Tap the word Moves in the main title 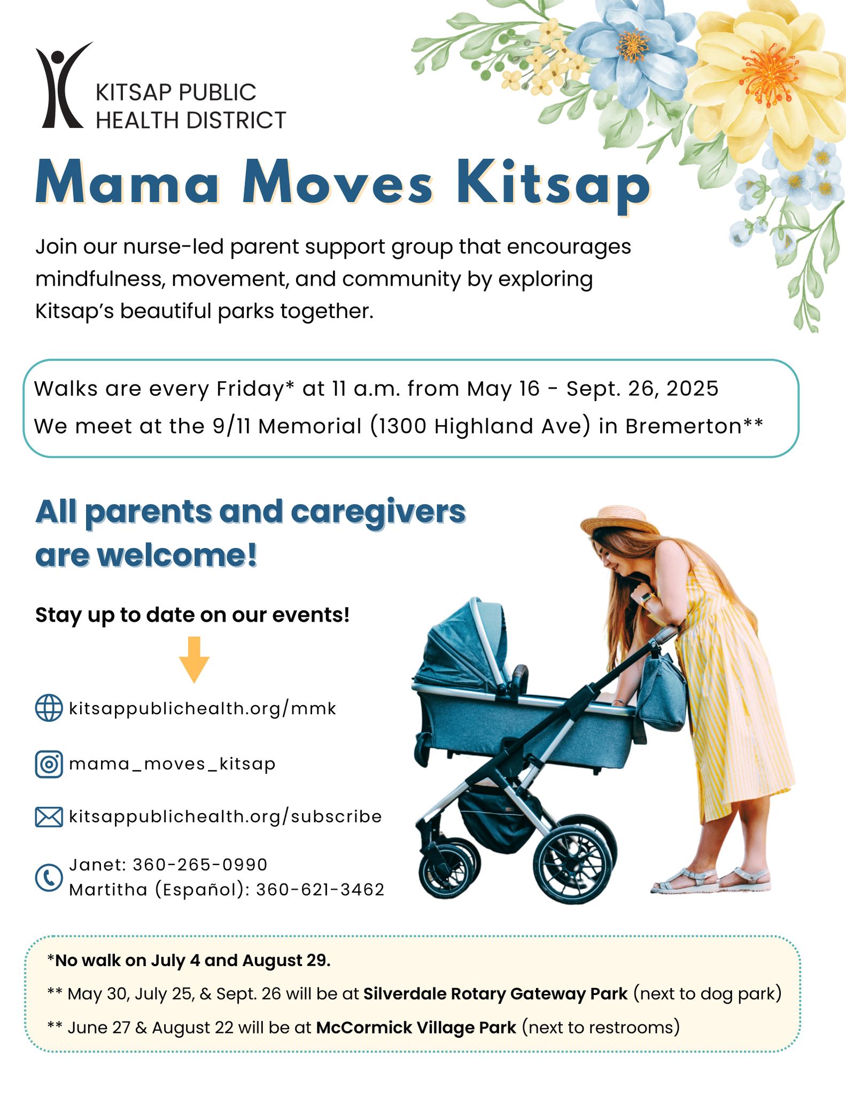coord(337,184)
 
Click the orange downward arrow coord(194,659)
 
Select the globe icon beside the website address coord(49,708)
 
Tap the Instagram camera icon coord(49,764)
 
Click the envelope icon coord(49,817)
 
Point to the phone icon coord(49,877)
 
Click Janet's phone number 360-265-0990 coord(200,864)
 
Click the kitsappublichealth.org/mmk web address coord(203,709)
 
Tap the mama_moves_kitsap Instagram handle coord(172,764)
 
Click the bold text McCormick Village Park coord(416,1028)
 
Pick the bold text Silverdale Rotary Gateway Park coord(495,994)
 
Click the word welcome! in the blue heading coord(177,556)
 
